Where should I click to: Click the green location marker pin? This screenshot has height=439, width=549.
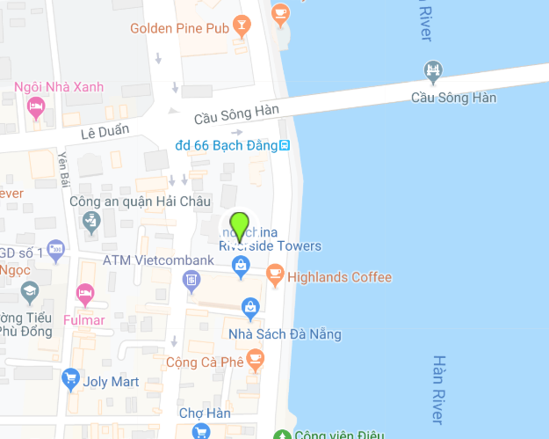(239, 226)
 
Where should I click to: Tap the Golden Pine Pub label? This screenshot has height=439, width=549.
(180, 28)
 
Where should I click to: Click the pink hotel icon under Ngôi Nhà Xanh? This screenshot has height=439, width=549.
(36, 109)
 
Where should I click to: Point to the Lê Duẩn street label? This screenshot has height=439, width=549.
(105, 131)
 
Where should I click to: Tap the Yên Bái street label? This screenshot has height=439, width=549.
(62, 168)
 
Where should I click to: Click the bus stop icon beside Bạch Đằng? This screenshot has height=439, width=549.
(284, 145)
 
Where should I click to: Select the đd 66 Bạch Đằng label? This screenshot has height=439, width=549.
(226, 145)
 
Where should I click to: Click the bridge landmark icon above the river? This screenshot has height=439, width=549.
(432, 70)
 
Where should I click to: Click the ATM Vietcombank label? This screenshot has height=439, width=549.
(158, 260)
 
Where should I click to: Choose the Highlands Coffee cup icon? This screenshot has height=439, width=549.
(275, 277)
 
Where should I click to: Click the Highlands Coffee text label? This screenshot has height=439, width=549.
(340, 277)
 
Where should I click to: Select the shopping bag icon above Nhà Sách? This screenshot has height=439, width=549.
(250, 307)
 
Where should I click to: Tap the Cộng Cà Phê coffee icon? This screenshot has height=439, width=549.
(255, 358)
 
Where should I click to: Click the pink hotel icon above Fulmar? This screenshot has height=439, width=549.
(84, 292)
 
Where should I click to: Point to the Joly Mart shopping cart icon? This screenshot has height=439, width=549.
(70, 381)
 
